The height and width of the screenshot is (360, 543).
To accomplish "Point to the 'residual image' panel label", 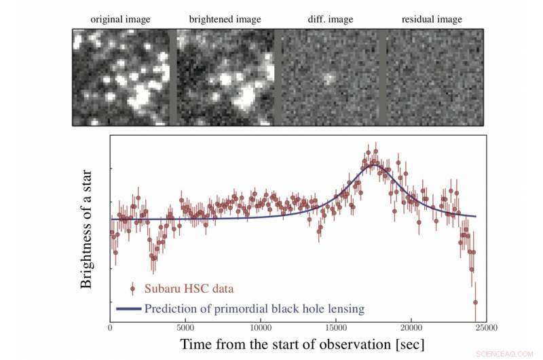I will (x=432, y=20).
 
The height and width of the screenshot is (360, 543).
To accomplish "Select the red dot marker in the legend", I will (x=133, y=288).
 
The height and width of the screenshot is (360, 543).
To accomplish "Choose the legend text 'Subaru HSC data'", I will (x=185, y=288).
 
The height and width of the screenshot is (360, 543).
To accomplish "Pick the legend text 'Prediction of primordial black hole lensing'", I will (x=255, y=309).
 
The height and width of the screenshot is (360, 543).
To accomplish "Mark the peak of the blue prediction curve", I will (x=373, y=165).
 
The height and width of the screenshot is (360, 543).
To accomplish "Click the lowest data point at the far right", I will (x=475, y=302).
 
